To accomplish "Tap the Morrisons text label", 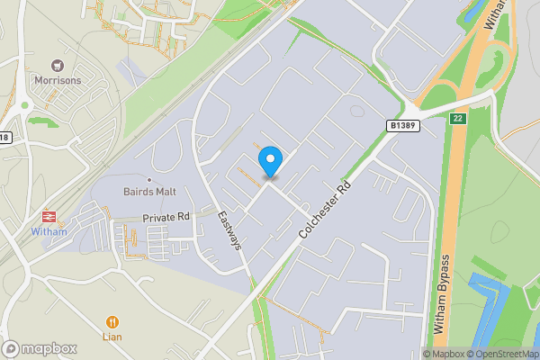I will (58, 80).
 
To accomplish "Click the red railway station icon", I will (49, 217).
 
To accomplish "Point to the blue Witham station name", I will (49, 231).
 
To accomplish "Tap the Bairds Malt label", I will (149, 192).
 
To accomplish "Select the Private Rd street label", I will (166, 218).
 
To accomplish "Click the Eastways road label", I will (230, 230).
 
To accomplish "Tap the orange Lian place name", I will (112, 336).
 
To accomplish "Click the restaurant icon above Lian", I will (112, 320).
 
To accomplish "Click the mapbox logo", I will (40, 349).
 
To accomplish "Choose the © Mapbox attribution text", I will (444, 354).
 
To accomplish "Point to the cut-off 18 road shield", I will (4, 138).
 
